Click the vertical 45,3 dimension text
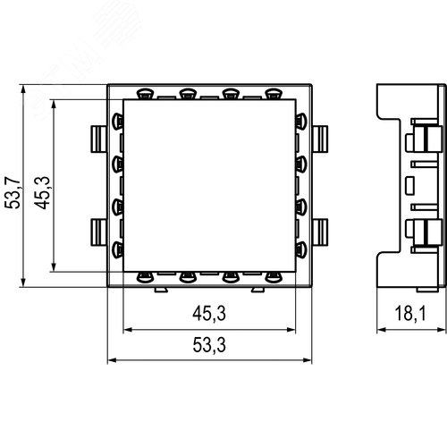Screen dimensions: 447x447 click(41, 192)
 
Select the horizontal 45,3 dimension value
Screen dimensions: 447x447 click(209, 313)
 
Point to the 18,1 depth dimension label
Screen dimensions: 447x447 click(409, 313)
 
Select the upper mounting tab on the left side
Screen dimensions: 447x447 click(97, 139)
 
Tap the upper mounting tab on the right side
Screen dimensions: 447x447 click(321, 139)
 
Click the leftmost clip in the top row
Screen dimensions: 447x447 click(143, 92)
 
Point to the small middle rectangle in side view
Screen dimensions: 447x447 click(409, 185)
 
